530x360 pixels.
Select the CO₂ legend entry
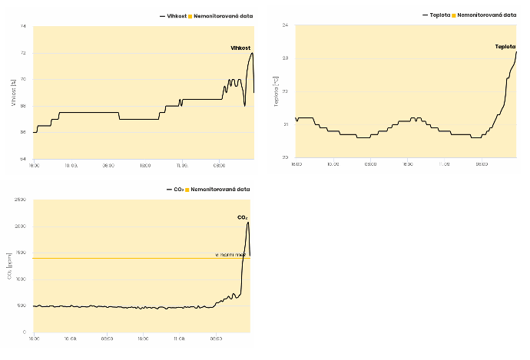(x=176, y=189)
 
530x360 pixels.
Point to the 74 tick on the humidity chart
(x=23, y=27)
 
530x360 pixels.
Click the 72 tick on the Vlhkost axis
(x=23, y=53)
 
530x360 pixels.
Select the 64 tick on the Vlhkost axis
(x=23, y=158)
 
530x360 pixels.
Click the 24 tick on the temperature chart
(x=286, y=26)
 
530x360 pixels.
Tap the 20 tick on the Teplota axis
(x=286, y=157)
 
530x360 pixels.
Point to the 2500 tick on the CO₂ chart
(x=21, y=200)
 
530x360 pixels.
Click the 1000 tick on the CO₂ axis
(x=21, y=279)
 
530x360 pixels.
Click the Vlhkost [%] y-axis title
(x=13, y=92)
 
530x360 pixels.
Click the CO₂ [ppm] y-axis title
(x=10, y=266)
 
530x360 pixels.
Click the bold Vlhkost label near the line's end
(x=241, y=48)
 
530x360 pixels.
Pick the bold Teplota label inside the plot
(x=505, y=46)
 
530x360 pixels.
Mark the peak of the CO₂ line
(x=248, y=223)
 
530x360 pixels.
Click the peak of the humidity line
(x=252, y=53)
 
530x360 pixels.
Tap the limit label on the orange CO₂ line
(x=230, y=254)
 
